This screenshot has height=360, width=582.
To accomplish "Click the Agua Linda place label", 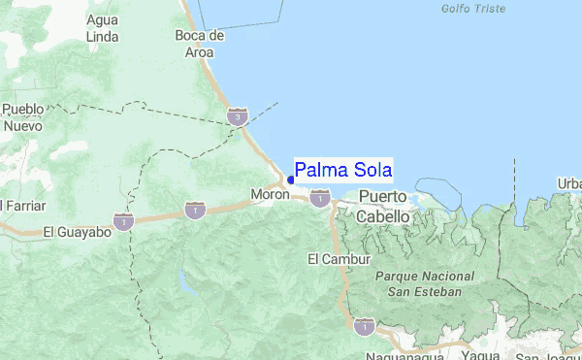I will pyautogui.click(x=102, y=28).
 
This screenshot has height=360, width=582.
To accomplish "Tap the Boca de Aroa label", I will pyautogui.click(x=200, y=44).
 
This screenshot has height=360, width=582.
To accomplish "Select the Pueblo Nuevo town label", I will pyautogui.click(x=22, y=117).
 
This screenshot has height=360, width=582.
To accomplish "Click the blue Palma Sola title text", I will pyautogui.click(x=343, y=171).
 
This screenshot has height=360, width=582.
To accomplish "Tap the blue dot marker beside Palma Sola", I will pyautogui.click(x=291, y=180).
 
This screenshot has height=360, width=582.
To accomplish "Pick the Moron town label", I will pyautogui.click(x=270, y=194).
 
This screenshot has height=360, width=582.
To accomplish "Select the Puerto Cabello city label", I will pyautogui.click(x=384, y=207).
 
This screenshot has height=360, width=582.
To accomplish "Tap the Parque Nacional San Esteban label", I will pyautogui.click(x=424, y=283).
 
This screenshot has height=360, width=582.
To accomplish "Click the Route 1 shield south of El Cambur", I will pyautogui.click(x=363, y=327).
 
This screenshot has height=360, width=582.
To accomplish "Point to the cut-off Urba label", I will pyautogui.click(x=569, y=183).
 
